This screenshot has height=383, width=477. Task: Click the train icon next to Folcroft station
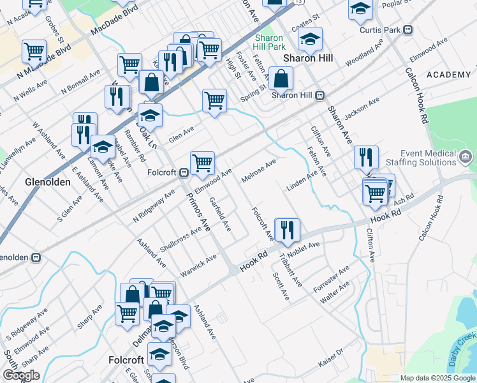click(184, 172)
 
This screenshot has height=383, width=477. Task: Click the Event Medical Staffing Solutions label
click(428, 158)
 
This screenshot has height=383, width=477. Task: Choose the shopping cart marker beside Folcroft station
click(203, 163)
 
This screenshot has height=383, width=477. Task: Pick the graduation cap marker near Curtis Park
click(360, 9)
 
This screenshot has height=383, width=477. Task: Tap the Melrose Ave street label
click(258, 170)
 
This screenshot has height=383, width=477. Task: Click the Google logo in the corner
click(21, 375)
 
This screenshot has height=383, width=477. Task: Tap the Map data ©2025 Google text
click(437, 378)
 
